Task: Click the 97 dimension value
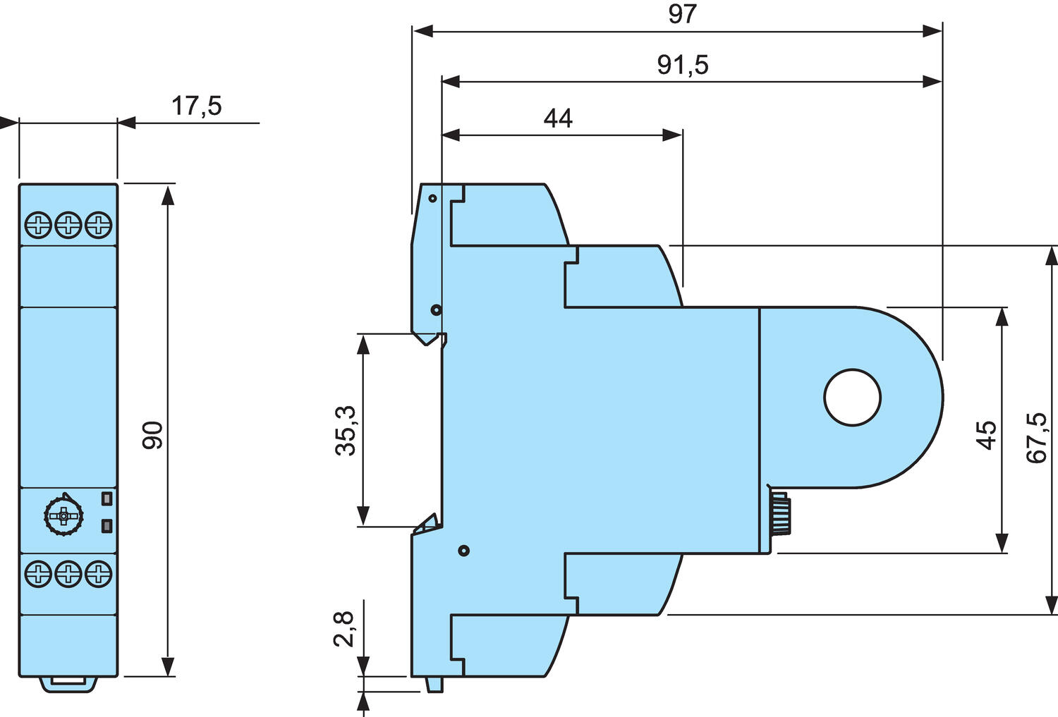[x=682, y=14]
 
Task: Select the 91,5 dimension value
[x=682, y=65]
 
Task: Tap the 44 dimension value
[x=558, y=118]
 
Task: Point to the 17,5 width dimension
[x=196, y=106]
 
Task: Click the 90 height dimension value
[x=153, y=435]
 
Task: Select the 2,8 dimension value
[x=345, y=629]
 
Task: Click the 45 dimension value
[x=986, y=434]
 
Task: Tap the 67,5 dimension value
[x=1037, y=438]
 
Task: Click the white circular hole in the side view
[x=853, y=398]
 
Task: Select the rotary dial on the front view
[x=63, y=517]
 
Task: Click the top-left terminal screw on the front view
[x=37, y=226]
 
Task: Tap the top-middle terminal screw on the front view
[x=68, y=226]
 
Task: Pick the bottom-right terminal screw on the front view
[x=98, y=573]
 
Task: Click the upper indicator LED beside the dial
[x=107, y=498]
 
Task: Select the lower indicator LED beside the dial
[x=107, y=525]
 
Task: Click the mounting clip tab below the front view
[x=68, y=683]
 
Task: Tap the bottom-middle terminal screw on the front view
[x=68, y=573]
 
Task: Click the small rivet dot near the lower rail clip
[x=463, y=551]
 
